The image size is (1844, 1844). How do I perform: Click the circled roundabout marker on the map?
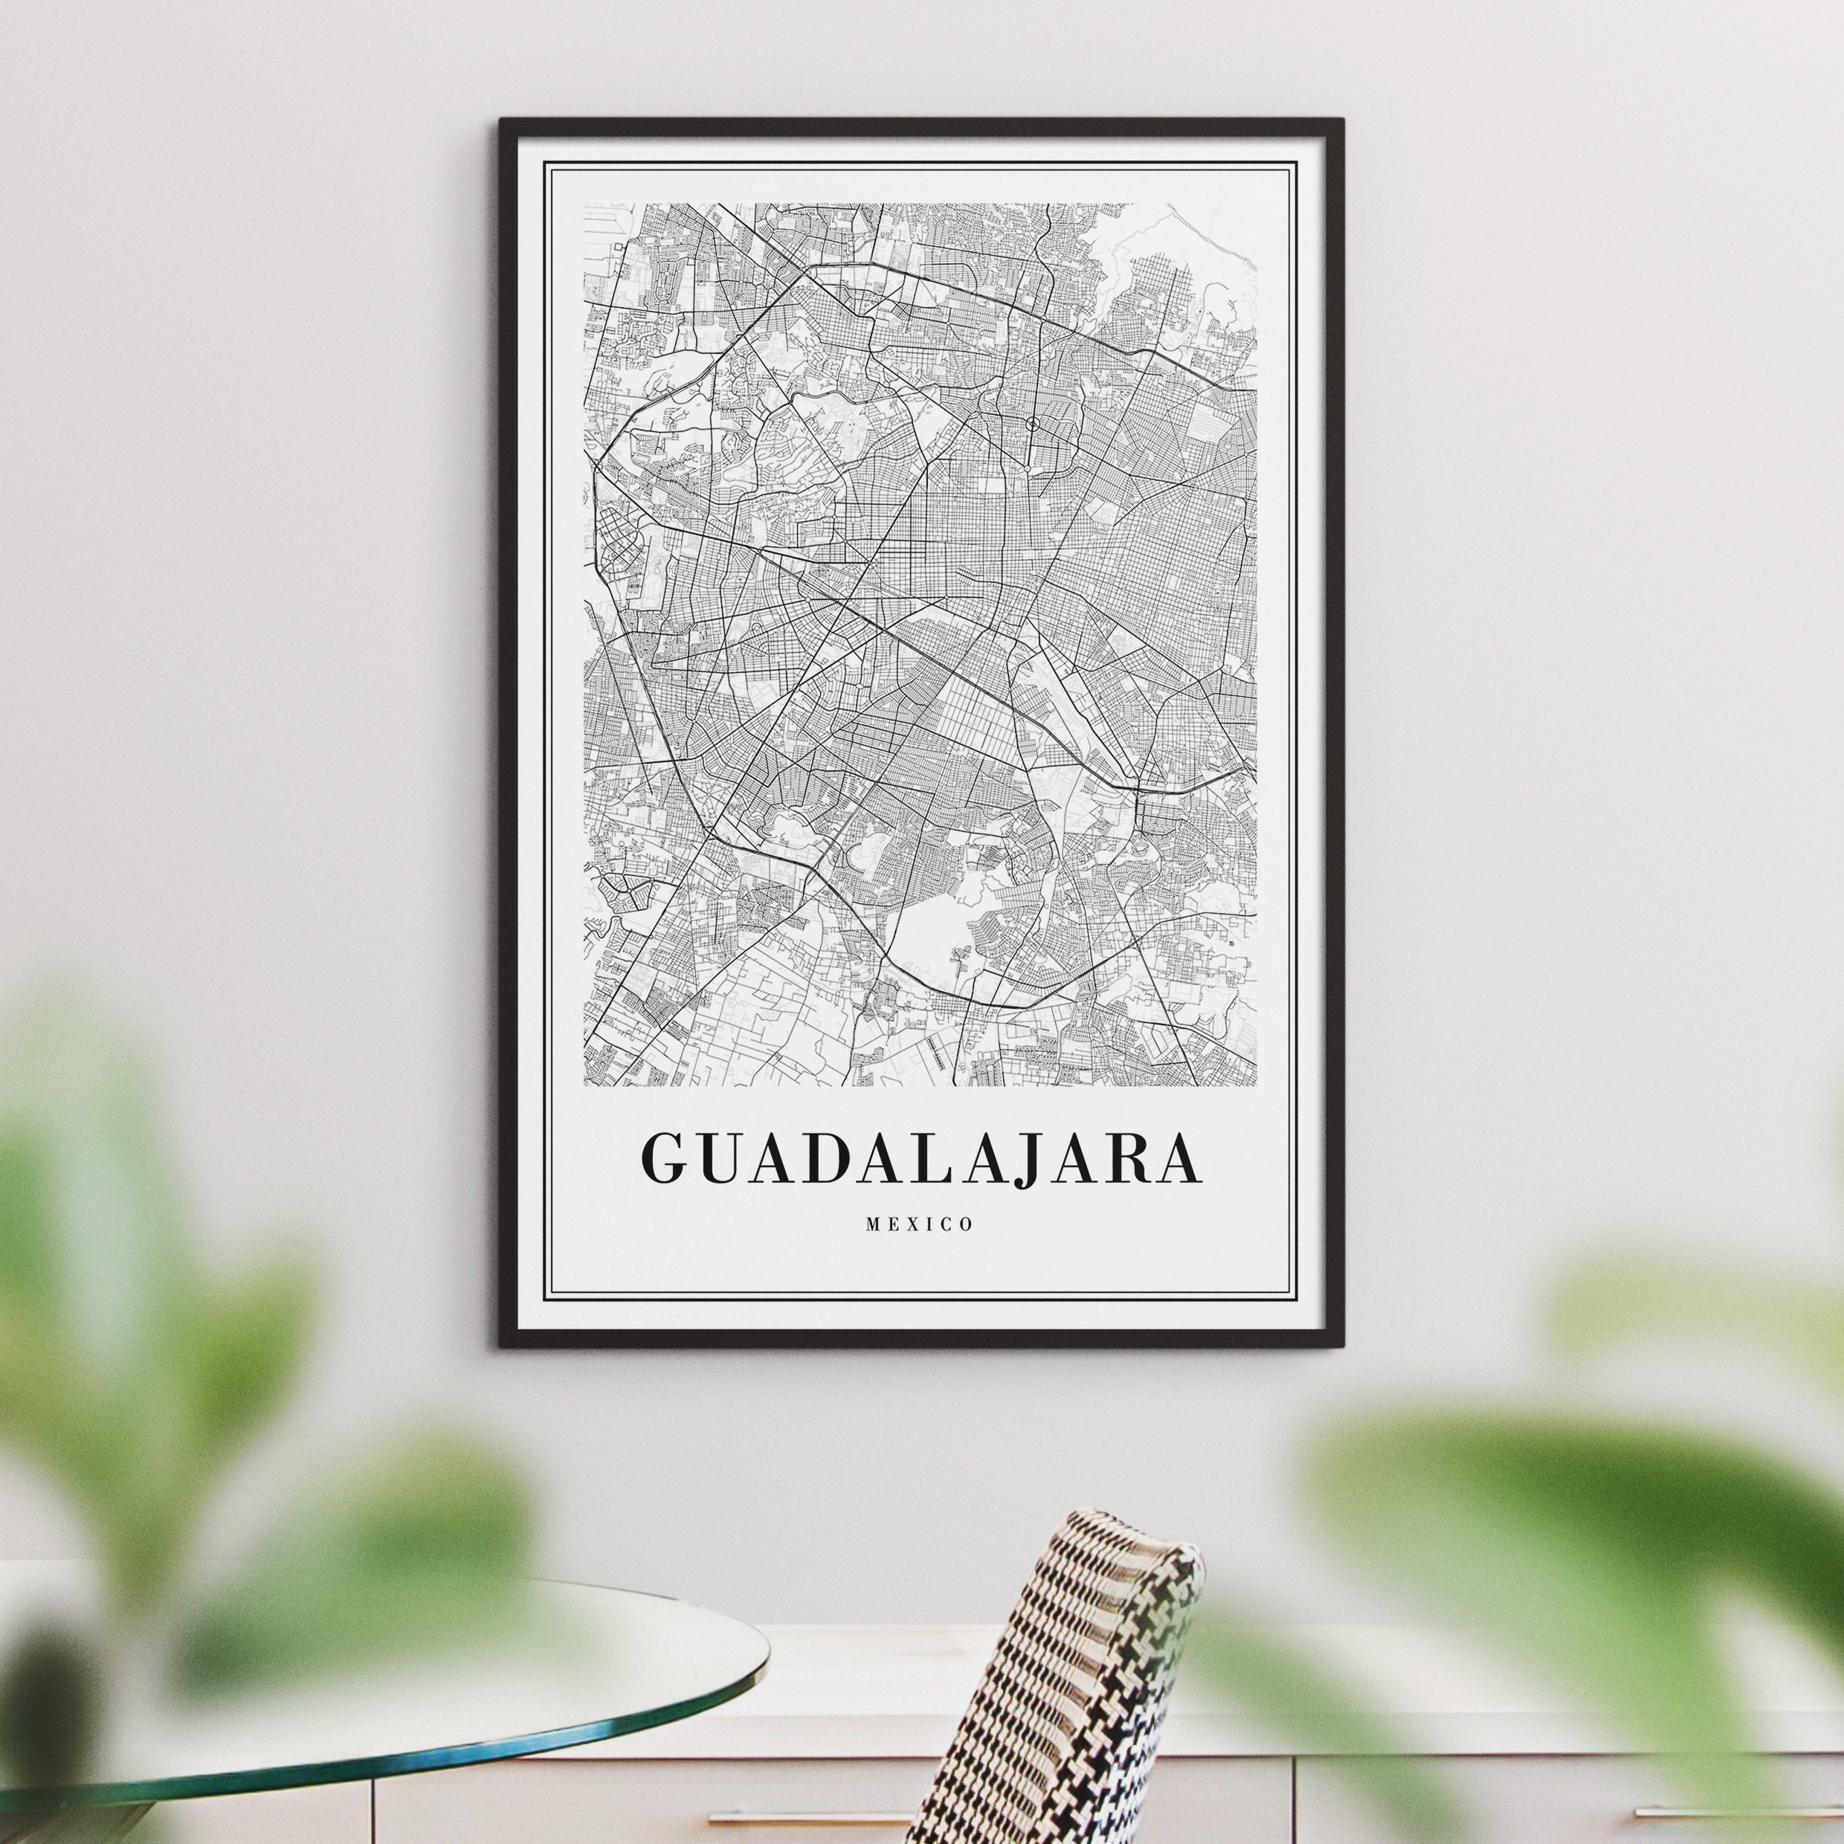click(x=1032, y=423)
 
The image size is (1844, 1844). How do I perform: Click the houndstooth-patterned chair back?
click(x=1060, y=1680)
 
